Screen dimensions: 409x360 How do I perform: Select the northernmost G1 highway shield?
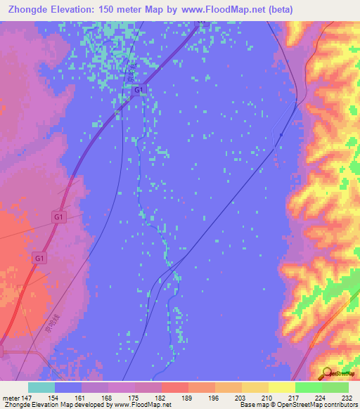(139, 90)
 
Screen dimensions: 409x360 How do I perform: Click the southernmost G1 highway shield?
(39, 259)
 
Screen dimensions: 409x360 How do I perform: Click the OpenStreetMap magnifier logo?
(327, 373)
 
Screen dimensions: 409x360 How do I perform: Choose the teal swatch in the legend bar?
(41, 387)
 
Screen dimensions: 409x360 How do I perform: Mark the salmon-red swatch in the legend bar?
(174, 387)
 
